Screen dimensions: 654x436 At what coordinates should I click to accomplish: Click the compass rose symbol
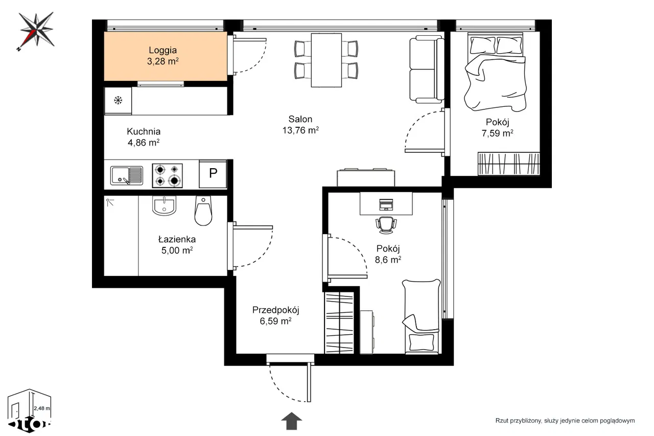(36, 30)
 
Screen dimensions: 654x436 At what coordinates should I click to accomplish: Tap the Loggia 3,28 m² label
(162, 56)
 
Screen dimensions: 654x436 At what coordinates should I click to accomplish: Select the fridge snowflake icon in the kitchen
(118, 101)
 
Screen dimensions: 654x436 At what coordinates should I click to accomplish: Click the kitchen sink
(126, 175)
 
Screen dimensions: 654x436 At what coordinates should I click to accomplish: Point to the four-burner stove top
(167, 175)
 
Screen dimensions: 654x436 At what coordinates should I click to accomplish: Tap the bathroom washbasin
(164, 205)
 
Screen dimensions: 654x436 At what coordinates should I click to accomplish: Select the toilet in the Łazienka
(203, 211)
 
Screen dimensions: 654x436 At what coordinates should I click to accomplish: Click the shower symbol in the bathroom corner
(110, 202)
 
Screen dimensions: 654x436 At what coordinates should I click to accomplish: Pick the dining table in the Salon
(326, 60)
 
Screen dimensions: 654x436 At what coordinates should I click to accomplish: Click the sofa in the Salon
(427, 69)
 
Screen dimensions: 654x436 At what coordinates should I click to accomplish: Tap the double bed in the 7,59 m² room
(495, 72)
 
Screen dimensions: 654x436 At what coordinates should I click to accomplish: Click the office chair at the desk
(386, 225)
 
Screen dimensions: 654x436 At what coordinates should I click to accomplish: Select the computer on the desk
(386, 204)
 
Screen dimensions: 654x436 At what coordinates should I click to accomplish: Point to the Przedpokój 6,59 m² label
(275, 315)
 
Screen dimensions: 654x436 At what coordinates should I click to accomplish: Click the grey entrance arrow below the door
(291, 421)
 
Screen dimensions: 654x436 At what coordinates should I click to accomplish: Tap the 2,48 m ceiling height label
(42, 408)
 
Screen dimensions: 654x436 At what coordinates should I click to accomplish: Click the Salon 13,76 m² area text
(300, 125)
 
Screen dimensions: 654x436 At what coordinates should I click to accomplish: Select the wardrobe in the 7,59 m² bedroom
(508, 164)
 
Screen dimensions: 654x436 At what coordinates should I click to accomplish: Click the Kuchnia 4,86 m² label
(144, 137)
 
